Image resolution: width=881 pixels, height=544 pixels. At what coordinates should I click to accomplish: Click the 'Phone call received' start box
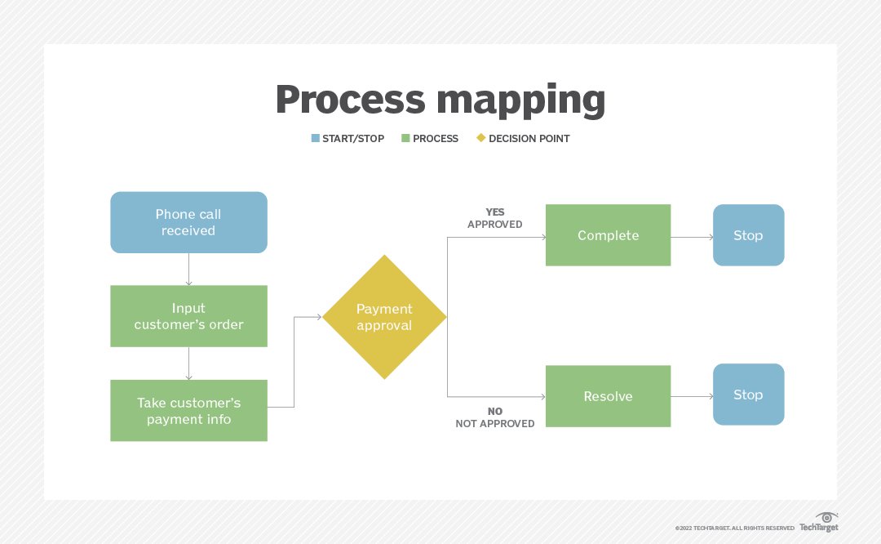[188, 222]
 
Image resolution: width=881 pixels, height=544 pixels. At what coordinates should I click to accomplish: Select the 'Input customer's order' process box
[188, 316]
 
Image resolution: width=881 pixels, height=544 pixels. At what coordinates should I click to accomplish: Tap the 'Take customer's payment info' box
[188, 411]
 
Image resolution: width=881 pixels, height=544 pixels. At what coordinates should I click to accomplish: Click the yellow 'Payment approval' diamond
[384, 317]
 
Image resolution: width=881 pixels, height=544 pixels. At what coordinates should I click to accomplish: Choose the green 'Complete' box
[608, 235]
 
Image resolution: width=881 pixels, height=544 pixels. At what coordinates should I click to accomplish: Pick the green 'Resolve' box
[608, 396]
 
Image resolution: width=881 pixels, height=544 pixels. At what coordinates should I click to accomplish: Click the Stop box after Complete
[748, 235]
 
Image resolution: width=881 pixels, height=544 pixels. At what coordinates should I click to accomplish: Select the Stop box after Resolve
[748, 395]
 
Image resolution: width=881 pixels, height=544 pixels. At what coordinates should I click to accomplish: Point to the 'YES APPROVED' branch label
[495, 218]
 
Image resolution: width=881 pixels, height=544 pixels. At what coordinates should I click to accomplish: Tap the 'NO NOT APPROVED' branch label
[495, 417]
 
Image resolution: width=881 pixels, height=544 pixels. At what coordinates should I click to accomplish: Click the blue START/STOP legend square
[316, 138]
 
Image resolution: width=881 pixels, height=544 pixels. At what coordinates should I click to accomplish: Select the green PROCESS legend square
[405, 138]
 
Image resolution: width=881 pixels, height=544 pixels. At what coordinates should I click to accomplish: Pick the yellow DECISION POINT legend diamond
[480, 138]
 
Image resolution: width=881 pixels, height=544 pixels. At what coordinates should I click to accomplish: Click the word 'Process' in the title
[350, 100]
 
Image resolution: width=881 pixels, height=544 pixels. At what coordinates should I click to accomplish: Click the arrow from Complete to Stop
[692, 237]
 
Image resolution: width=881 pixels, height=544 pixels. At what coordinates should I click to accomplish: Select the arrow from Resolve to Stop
[692, 397]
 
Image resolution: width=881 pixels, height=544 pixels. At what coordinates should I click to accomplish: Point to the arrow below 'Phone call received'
[188, 269]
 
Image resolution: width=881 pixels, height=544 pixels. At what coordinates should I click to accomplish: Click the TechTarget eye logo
[826, 517]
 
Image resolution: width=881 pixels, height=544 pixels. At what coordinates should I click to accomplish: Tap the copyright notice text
[735, 528]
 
